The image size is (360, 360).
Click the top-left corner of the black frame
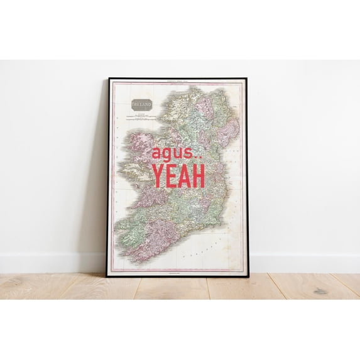pos(109,79)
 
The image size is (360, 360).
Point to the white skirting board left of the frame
pos(50,263)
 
